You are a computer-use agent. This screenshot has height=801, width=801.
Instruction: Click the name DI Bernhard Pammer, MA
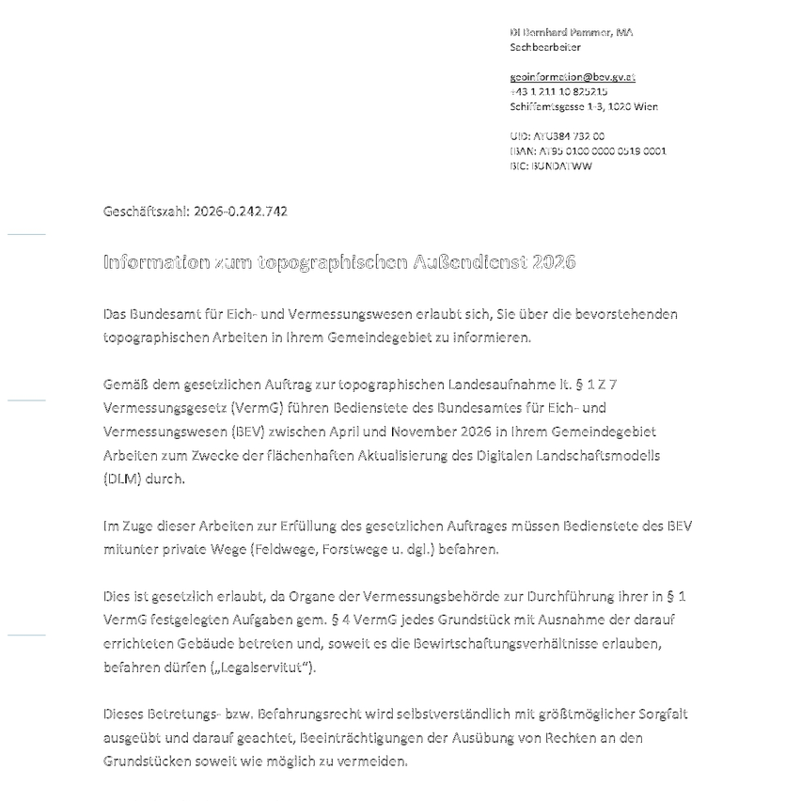[571, 32]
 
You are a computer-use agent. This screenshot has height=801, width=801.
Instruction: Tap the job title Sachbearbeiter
[545, 47]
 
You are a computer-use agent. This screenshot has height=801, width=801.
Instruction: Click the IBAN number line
[588, 151]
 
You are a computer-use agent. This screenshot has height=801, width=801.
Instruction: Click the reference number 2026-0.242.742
[241, 212]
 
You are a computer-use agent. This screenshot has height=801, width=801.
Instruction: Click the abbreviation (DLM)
[124, 478]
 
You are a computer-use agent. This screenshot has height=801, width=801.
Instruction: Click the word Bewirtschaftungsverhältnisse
[544, 644]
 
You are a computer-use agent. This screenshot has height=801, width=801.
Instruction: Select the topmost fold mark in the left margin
[26, 234]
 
